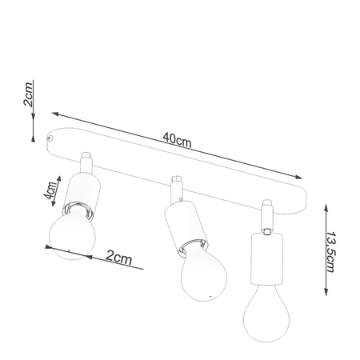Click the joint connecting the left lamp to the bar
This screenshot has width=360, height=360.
[x=87, y=164]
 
